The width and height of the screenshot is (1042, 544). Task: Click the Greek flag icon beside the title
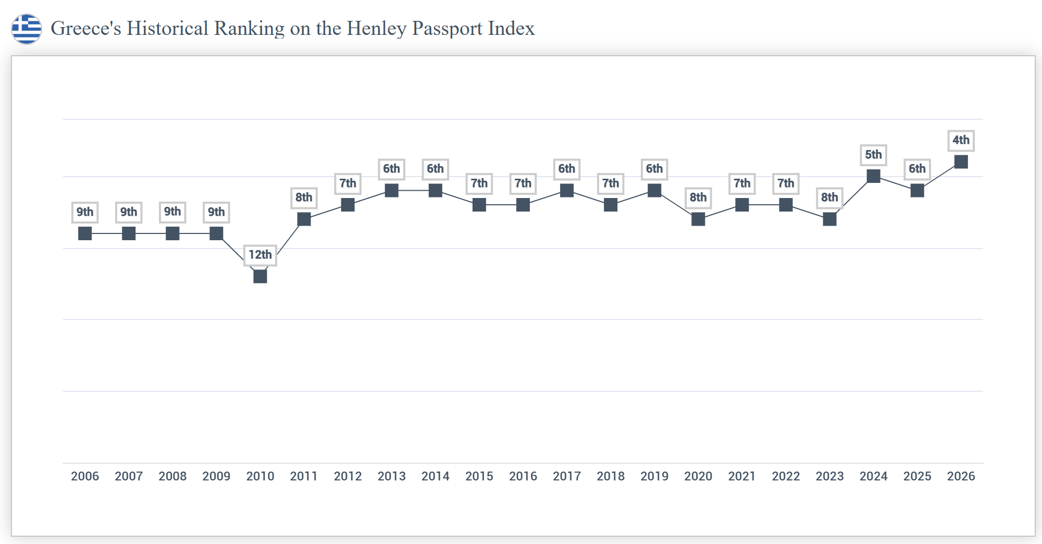pyautogui.click(x=27, y=29)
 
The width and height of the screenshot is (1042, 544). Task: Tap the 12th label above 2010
pyautogui.click(x=260, y=255)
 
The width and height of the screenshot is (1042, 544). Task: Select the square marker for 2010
pyautogui.click(x=260, y=276)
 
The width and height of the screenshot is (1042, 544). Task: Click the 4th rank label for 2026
pyautogui.click(x=961, y=140)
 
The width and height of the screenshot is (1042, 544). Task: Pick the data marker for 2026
pyautogui.click(x=961, y=162)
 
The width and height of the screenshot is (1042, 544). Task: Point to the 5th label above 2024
pyautogui.click(x=873, y=155)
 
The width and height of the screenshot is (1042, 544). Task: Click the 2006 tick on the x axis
pyautogui.click(x=85, y=476)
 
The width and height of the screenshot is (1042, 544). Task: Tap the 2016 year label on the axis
pyautogui.click(x=523, y=476)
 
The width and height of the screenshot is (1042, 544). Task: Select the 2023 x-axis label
pyautogui.click(x=829, y=476)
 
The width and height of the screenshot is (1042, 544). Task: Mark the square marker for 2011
pyautogui.click(x=304, y=219)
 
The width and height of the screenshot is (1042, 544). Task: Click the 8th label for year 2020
pyautogui.click(x=698, y=197)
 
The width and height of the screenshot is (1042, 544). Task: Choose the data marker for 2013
pyautogui.click(x=391, y=190)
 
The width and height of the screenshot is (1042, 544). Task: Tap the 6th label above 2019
pyautogui.click(x=654, y=169)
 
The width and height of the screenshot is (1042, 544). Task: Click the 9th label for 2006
pyautogui.click(x=85, y=212)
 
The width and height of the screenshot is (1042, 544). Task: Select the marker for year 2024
pyautogui.click(x=873, y=176)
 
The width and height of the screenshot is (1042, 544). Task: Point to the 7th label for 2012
pyautogui.click(x=348, y=183)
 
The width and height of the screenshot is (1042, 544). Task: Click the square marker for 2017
pyautogui.click(x=567, y=190)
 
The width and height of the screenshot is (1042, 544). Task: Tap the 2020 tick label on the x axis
pyautogui.click(x=698, y=476)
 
